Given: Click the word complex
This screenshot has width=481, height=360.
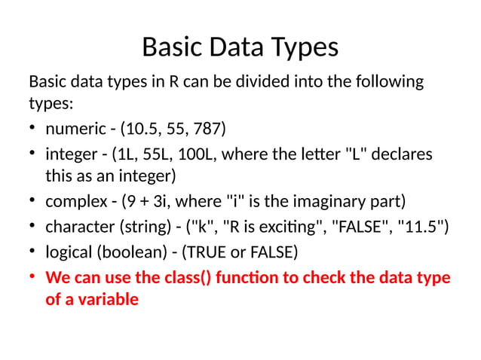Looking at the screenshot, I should [x=74, y=202].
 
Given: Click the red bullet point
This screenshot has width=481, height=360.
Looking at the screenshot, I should [x=33, y=276].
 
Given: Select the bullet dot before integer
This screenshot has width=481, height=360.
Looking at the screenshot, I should [x=33, y=154].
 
